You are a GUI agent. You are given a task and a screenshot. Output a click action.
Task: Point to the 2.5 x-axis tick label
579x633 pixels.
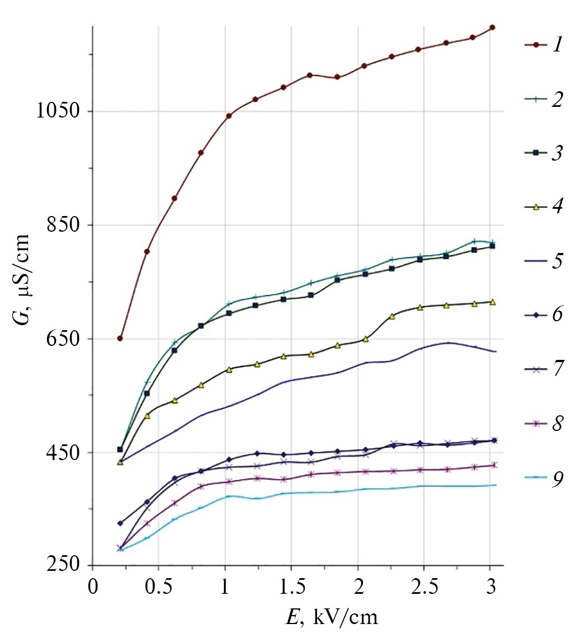423,588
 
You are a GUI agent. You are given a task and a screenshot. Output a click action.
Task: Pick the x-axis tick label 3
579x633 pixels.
491,588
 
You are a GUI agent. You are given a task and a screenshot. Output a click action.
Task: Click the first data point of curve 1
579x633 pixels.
120,339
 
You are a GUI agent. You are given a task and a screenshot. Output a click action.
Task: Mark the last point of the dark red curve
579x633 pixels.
492,27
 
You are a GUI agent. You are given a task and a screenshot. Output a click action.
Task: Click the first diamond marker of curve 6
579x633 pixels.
120,523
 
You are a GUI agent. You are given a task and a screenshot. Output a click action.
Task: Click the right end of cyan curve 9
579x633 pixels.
496,485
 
